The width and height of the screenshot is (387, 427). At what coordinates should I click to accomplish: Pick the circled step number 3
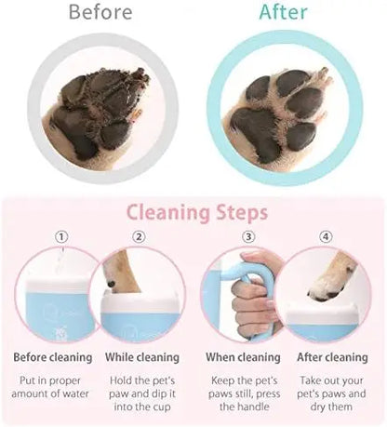[x=247, y=236]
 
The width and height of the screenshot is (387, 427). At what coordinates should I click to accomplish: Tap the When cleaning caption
[x=244, y=356]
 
